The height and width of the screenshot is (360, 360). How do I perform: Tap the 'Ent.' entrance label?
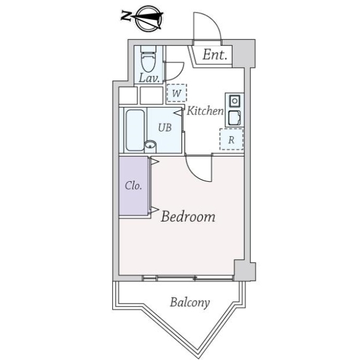pyautogui.click(x=215, y=55)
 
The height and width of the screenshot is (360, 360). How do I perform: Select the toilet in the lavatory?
pyautogui.click(x=148, y=59)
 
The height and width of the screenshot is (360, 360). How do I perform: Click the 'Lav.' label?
pyautogui.click(x=149, y=78)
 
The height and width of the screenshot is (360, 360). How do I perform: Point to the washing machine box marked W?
pyautogui.click(x=176, y=93)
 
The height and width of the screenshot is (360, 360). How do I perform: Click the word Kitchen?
pyautogui.click(x=205, y=111)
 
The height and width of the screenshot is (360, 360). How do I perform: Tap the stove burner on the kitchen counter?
pyautogui.click(x=235, y=101)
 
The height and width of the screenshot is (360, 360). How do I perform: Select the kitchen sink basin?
pyautogui.click(x=235, y=118)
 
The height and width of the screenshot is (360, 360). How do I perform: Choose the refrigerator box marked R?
pyautogui.click(x=232, y=139)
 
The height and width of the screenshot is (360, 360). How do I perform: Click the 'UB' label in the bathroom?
pyautogui.click(x=165, y=127)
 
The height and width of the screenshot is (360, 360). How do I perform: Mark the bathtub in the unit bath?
pyautogui.click(x=135, y=130)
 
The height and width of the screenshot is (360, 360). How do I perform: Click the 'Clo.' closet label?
pyautogui.click(x=133, y=185)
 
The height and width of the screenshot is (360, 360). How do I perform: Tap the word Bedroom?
pyautogui.click(x=188, y=217)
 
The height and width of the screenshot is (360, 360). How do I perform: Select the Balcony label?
pyautogui.click(x=190, y=302)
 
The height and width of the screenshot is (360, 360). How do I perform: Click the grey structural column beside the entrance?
pyautogui.click(x=244, y=54)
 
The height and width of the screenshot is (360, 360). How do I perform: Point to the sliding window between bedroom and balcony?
pyautogui.click(x=188, y=278)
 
